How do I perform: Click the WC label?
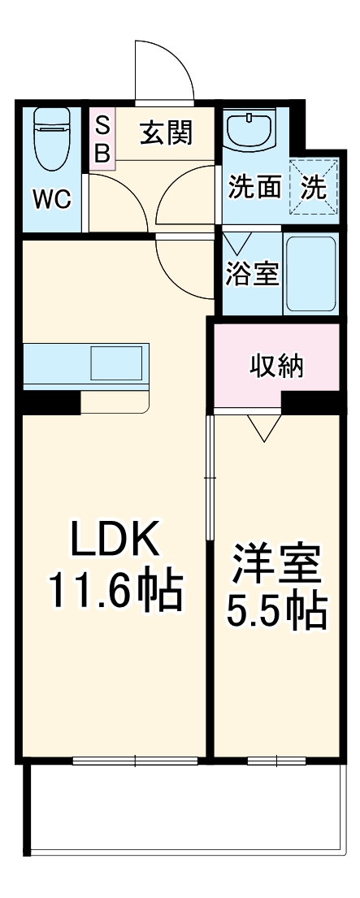(x=52, y=199)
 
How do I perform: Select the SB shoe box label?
(x=103, y=140)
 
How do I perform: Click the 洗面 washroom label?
(x=254, y=188)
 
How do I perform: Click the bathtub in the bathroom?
(x=310, y=274)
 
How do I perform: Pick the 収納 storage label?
(x=276, y=367)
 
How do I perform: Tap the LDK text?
(x=112, y=540)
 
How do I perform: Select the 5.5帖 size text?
(x=276, y=613)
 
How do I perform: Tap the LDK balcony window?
(x=135, y=761)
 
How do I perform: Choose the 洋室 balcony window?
(x=276, y=761)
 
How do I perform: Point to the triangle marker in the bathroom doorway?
(x=238, y=243)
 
